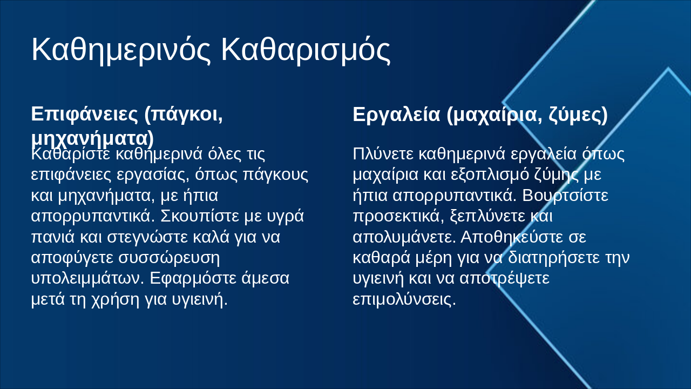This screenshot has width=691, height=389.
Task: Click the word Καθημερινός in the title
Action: pos(121,50)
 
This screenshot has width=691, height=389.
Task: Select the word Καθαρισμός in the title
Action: pos(306,50)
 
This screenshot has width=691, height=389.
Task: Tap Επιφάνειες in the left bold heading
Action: pos(84,115)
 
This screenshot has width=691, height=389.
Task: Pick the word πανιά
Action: pos(53,237)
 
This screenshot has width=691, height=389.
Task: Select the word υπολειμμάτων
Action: pos(88,278)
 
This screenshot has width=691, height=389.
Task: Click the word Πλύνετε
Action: pos(383,154)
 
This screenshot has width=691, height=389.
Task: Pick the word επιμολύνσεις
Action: pos(404,299)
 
